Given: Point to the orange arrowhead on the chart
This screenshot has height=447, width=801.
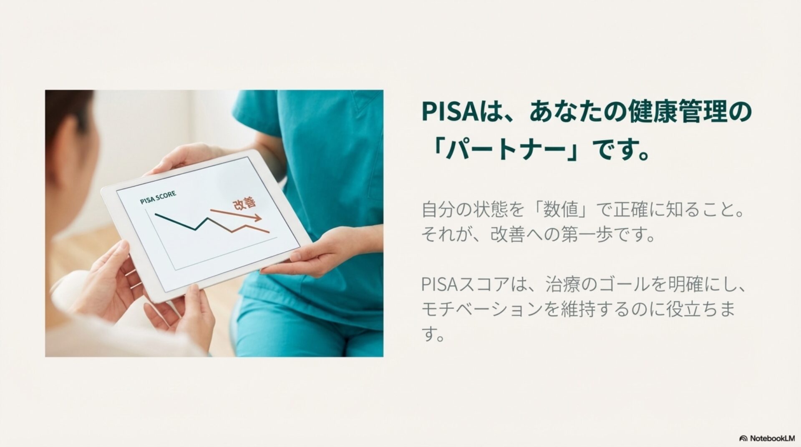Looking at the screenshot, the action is [x=257, y=218].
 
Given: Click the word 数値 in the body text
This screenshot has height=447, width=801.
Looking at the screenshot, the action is [x=560, y=210].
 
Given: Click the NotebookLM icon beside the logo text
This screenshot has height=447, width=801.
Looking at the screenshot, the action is [x=743, y=438].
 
